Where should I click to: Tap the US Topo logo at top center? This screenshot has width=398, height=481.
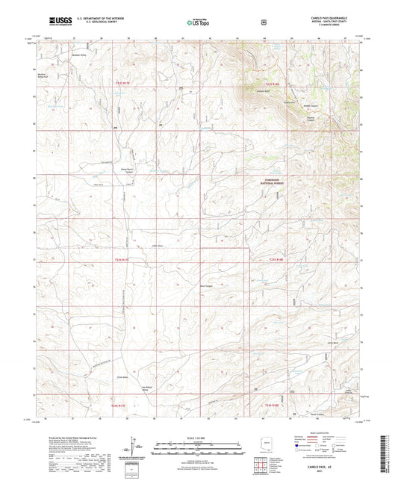[x=197, y=23]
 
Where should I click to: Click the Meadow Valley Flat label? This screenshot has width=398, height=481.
[x=42, y=75]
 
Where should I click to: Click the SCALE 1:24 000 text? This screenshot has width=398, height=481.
[x=199, y=437]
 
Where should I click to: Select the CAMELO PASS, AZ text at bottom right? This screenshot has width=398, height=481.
[x=329, y=467]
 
